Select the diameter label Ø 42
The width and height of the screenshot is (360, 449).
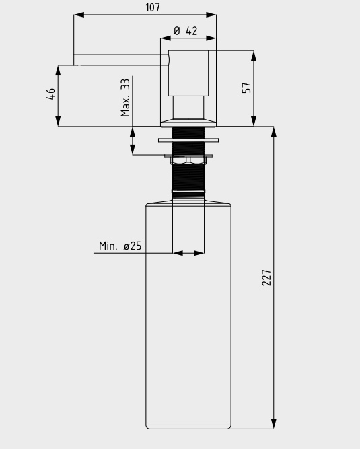click(x=186, y=30)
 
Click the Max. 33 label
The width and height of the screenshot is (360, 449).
click(x=126, y=97)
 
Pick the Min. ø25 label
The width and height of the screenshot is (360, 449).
click(x=120, y=246)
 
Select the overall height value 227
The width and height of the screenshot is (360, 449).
click(x=266, y=277)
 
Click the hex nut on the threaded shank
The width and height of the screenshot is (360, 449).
click(x=188, y=160)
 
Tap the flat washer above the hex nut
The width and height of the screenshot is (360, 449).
click(x=188, y=141)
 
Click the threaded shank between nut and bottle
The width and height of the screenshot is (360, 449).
click(x=188, y=176)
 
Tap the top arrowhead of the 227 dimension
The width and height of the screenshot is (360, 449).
click(x=274, y=131)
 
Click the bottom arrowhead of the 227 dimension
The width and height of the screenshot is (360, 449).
click(x=274, y=423)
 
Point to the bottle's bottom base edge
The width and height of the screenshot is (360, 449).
click(x=188, y=428)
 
